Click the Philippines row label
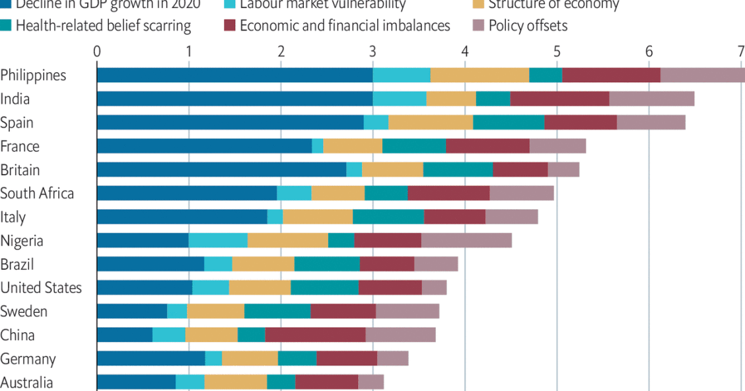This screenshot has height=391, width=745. click(34, 75)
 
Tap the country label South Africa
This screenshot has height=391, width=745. click(37, 193)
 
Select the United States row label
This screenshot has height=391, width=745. click(41, 288)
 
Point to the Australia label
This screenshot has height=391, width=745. click(27, 382)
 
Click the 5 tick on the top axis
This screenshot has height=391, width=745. click(557, 52)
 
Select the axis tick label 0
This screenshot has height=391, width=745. click(97, 52)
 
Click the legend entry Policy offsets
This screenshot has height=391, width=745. click(528, 26)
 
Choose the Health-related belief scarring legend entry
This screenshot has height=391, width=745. click(103, 26)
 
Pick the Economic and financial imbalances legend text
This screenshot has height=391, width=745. click(345, 26)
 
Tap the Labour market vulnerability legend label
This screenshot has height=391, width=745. click(323, 5)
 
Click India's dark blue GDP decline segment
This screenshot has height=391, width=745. click(234, 99)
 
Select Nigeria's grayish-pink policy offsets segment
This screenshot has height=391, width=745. click(466, 240)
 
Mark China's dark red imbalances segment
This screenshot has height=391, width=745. click(315, 335)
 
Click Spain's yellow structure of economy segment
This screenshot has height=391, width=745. click(431, 122)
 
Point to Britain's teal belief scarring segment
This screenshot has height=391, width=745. click(458, 169)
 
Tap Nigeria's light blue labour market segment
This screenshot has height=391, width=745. click(218, 240)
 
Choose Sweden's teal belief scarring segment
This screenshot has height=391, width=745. click(277, 311)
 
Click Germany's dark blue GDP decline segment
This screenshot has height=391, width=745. click(151, 359)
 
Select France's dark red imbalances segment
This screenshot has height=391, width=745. click(487, 146)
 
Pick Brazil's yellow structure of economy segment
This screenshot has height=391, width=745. click(264, 264)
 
